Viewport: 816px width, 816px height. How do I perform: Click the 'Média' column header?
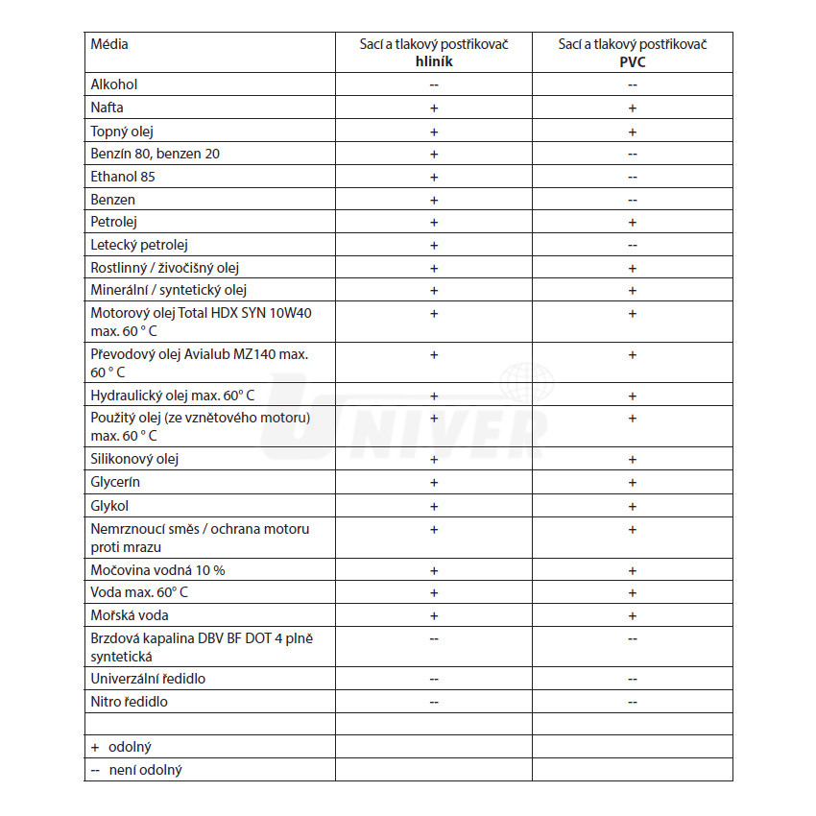tap(109, 44)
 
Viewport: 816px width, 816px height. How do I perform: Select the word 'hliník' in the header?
tap(433, 61)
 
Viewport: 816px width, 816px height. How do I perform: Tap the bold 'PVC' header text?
tap(632, 61)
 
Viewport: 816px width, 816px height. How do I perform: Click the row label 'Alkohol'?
tap(114, 84)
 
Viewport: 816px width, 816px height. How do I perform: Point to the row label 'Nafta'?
tap(107, 108)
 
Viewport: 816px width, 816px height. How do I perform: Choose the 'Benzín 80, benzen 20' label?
tap(156, 154)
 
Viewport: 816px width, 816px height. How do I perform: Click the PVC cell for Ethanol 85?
tap(632, 177)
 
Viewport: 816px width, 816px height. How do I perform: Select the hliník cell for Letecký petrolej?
tap(433, 245)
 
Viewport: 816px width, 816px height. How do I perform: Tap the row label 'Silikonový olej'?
tap(134, 459)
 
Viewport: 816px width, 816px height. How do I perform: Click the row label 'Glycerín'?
tap(116, 482)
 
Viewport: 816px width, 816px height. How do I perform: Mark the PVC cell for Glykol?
tap(632, 506)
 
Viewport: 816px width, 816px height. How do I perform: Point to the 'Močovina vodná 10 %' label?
tap(157, 570)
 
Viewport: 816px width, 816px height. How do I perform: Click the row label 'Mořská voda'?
tap(129, 615)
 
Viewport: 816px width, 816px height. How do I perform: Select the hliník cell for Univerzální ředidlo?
tap(433, 679)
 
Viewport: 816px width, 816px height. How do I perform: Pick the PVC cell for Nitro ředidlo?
tap(632, 702)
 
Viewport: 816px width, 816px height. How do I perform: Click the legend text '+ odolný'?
tap(122, 747)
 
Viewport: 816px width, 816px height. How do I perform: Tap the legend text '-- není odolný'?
tap(136, 770)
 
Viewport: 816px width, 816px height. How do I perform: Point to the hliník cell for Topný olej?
tap(433, 132)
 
